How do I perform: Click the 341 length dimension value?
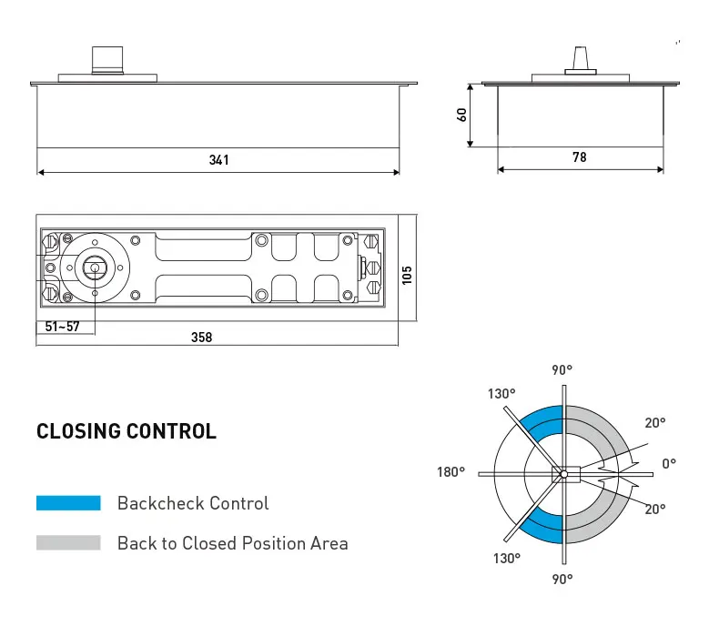point(218,160)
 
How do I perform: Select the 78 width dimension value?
point(580,157)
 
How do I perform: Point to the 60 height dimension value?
point(462,115)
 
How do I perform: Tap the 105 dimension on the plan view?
point(407,274)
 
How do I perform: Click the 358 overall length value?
point(201,338)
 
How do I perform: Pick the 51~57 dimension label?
point(63,326)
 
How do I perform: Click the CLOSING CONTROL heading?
point(127,431)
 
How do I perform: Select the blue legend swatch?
point(68,503)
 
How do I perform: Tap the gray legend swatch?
point(68,543)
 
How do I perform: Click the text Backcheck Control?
point(193,503)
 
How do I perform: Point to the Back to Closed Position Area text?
point(232,543)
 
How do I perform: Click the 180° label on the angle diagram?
point(451,472)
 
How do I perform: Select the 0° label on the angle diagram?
point(669,464)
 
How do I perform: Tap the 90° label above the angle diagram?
point(562,370)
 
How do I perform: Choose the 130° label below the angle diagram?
point(507,559)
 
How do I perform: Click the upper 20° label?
point(655,423)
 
